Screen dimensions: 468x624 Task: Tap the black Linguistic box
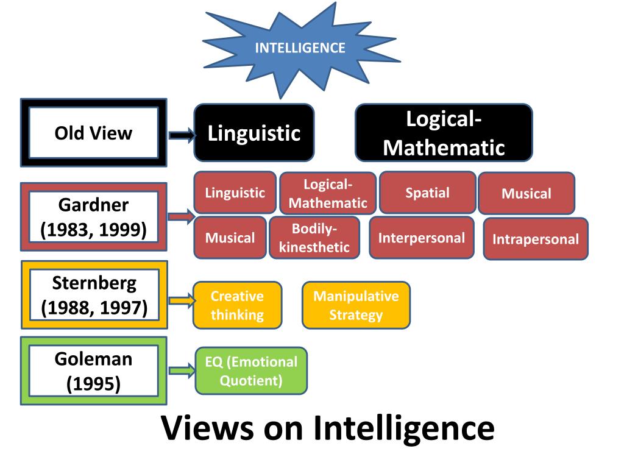(254, 133)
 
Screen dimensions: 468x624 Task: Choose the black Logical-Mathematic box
(444, 133)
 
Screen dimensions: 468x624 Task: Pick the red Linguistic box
(235, 193)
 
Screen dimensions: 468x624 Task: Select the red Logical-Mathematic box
(328, 194)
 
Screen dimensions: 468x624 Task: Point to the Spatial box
(427, 193)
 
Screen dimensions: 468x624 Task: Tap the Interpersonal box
(422, 238)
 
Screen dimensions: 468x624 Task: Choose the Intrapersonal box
(536, 239)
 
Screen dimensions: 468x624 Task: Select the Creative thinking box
(237, 305)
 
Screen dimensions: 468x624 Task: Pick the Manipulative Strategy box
(356, 305)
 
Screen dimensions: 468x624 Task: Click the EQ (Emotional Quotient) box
(251, 371)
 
